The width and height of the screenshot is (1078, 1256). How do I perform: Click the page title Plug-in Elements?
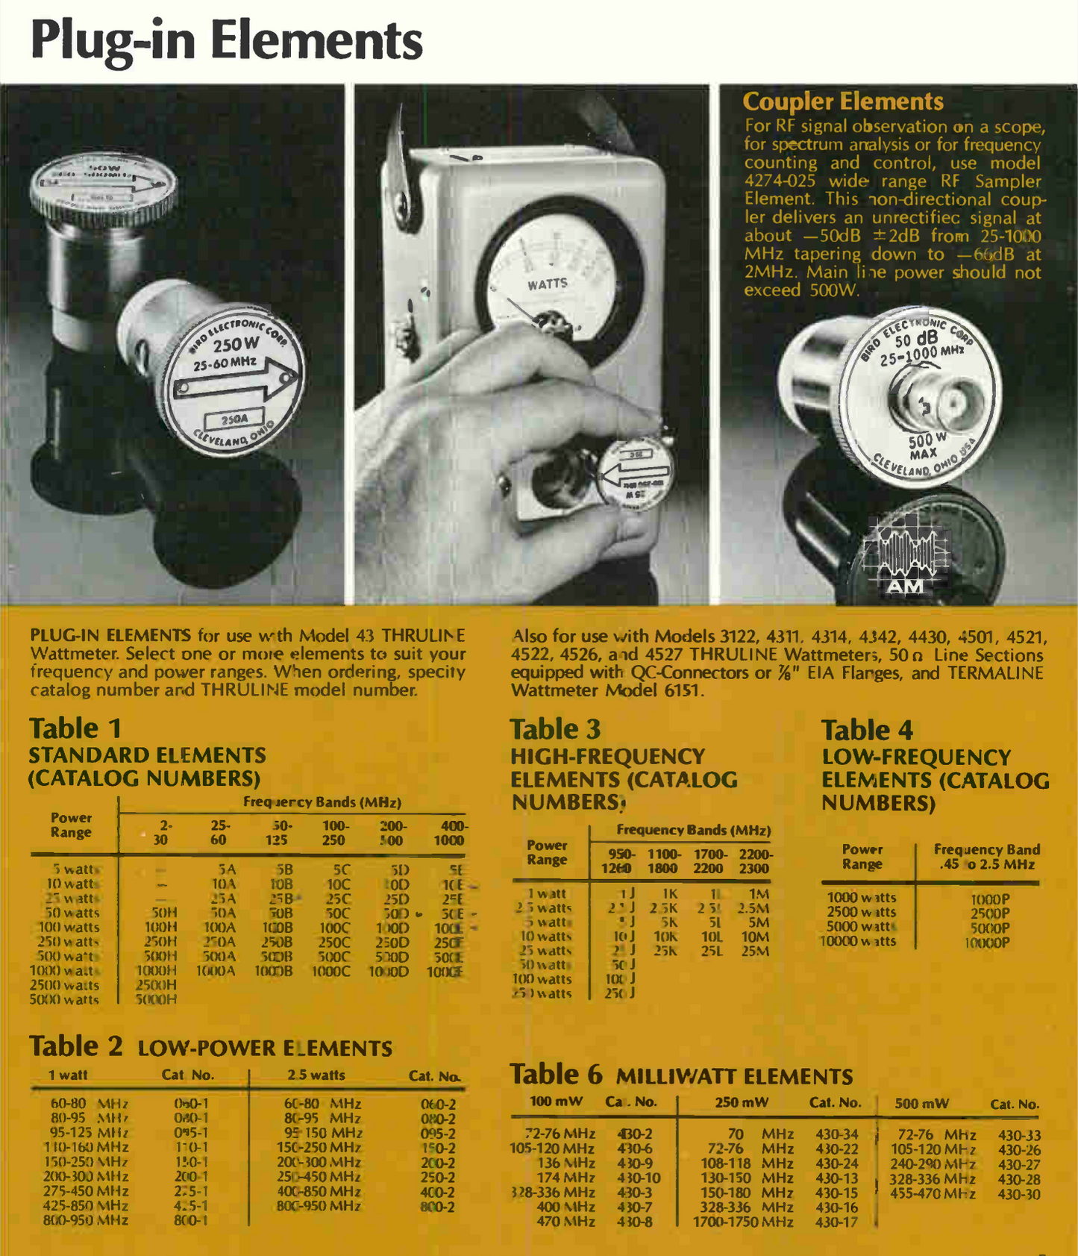click(x=226, y=40)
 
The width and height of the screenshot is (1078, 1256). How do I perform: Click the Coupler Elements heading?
click(x=843, y=101)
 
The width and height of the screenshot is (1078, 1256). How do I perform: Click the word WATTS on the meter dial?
click(x=548, y=284)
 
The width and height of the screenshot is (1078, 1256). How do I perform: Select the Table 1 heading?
click(x=75, y=728)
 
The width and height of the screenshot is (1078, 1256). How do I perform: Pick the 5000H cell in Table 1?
click(x=156, y=999)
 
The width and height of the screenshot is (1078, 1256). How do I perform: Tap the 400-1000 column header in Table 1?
click(x=450, y=833)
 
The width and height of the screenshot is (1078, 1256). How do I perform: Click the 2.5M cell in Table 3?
click(x=753, y=908)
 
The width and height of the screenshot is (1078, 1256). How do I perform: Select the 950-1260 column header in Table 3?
click(x=616, y=861)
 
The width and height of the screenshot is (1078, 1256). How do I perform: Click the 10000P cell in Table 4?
click(x=987, y=943)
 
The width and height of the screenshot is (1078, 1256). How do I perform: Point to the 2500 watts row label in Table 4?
click(x=861, y=913)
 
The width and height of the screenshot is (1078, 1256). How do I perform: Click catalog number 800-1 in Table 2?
click(x=191, y=1220)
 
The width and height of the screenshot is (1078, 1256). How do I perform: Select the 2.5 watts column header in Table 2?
click(x=316, y=1075)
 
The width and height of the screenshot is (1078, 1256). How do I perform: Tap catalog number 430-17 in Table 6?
click(x=837, y=1222)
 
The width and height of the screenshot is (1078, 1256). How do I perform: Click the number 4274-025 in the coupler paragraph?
click(x=781, y=181)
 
